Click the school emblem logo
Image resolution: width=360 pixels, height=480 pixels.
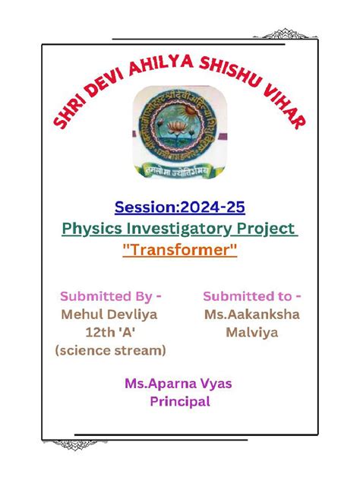(180, 131)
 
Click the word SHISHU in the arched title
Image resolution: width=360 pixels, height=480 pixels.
(229, 77)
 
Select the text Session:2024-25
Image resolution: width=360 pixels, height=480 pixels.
(180, 206)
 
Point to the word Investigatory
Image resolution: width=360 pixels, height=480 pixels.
(182, 228)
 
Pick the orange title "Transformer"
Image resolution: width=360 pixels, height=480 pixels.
(180, 250)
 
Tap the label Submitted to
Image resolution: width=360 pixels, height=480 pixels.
(251, 295)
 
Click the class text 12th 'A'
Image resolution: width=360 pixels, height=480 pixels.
(110, 332)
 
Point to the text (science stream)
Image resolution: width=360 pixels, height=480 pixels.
(110, 350)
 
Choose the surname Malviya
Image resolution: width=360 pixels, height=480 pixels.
(251, 332)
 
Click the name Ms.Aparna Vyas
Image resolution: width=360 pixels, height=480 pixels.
(178, 384)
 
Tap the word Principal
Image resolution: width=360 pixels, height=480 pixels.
(179, 402)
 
